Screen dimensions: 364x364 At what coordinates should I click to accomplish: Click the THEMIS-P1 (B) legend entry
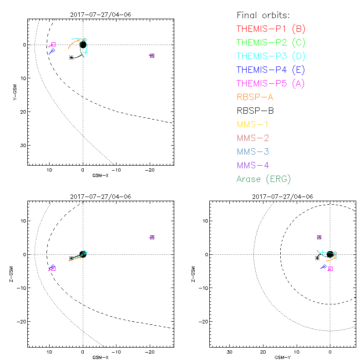271,29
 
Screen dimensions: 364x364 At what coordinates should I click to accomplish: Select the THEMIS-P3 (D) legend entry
271,56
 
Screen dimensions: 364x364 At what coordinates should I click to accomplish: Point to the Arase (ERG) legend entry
263,179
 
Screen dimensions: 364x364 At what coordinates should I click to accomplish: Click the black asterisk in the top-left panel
71,57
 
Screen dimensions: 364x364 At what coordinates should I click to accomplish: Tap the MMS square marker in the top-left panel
152,56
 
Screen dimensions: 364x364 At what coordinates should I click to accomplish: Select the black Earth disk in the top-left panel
83,45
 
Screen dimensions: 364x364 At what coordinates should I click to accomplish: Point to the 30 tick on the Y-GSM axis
22,145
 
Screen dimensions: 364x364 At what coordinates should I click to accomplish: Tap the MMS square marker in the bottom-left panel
152,237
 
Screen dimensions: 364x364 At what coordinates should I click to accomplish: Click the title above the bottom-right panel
282,197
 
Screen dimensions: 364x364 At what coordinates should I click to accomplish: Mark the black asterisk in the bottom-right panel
317,258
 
